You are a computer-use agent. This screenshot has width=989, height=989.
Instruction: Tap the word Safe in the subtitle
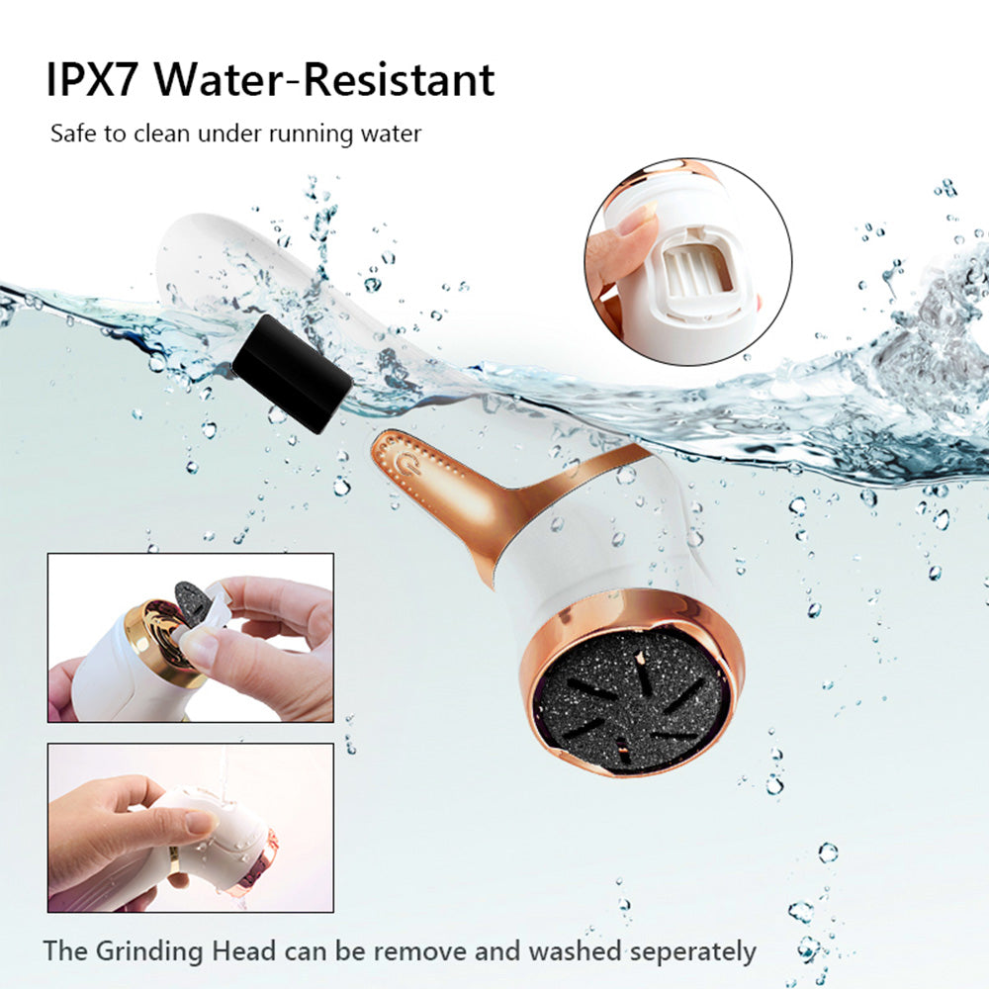coord(74,134)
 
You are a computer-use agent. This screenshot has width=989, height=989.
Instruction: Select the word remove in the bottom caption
coord(405,951)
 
